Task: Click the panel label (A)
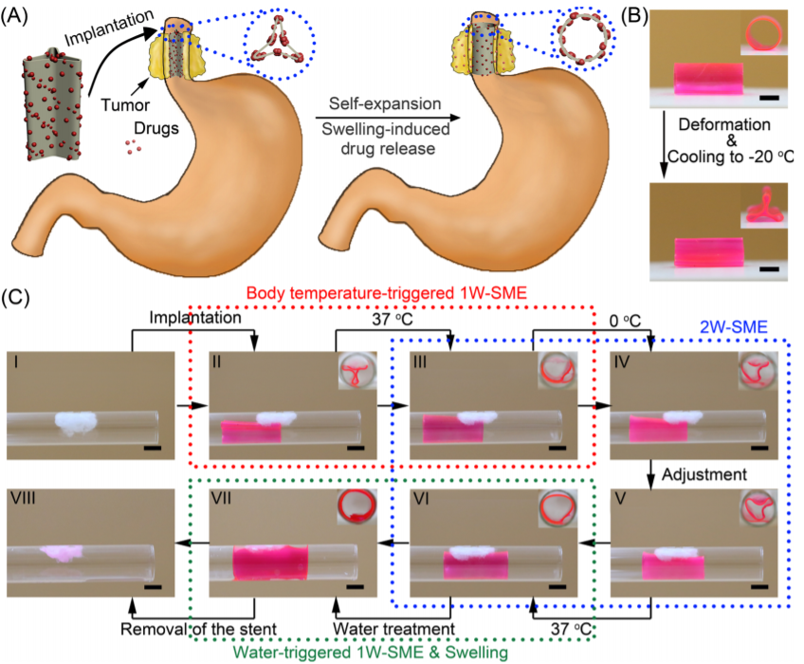point(21,17)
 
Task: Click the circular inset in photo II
point(356,372)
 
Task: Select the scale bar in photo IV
point(758,446)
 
